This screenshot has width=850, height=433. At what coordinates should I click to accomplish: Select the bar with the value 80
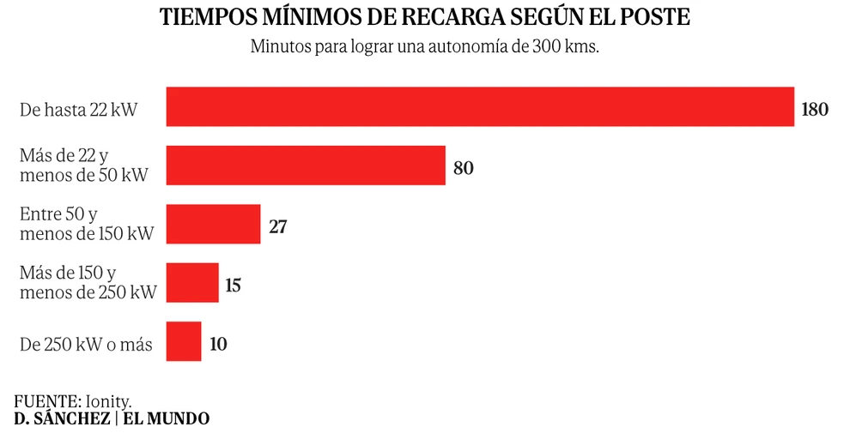pyautogui.click(x=305, y=165)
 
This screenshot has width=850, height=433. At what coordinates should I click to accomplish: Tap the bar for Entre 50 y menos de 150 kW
pyautogui.click(x=213, y=224)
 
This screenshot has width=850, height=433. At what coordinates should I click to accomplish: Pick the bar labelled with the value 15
pyautogui.click(x=192, y=283)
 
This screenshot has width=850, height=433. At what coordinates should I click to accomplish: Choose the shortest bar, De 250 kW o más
pyautogui.click(x=184, y=341)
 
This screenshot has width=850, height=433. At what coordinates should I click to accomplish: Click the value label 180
pyautogui.click(x=814, y=109)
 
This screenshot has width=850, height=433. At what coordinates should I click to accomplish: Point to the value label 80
pyautogui.click(x=463, y=168)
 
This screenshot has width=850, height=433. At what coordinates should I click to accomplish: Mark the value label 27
pyautogui.click(x=276, y=227)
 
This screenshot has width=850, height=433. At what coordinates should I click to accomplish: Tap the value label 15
pyautogui.click(x=233, y=286)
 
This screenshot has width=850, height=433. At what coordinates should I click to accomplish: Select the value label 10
pyautogui.click(x=218, y=345)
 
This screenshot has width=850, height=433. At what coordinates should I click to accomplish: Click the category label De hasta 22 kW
pyautogui.click(x=78, y=110)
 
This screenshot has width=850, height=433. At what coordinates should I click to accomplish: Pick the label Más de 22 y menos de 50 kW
pyautogui.click(x=83, y=165)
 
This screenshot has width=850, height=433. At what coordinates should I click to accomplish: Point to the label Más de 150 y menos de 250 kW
pyautogui.click(x=88, y=283)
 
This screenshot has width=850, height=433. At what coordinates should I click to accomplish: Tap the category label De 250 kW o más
pyautogui.click(x=86, y=346)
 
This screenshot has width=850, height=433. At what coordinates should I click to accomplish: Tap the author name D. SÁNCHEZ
pyautogui.click(x=61, y=418)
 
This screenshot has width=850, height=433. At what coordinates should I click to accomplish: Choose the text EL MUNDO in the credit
pyautogui.click(x=166, y=418)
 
